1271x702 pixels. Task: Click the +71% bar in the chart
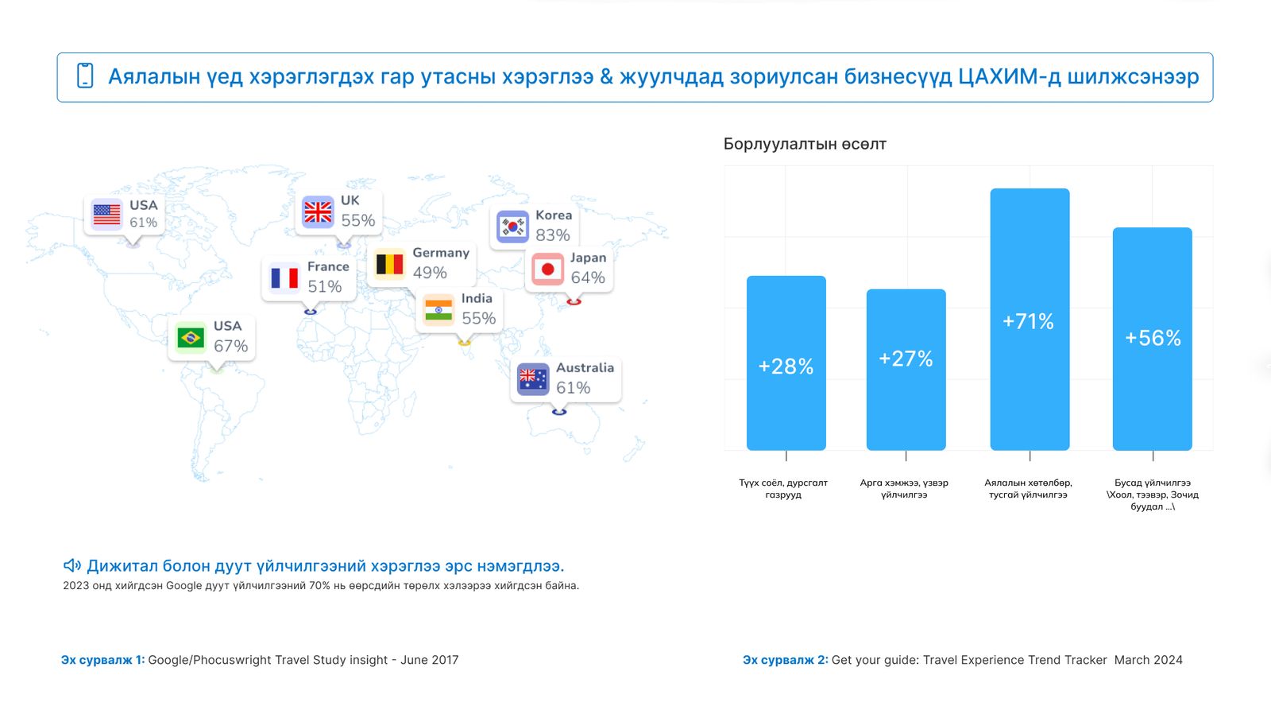1030,319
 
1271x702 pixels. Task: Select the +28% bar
786,363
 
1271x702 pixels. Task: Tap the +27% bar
906,370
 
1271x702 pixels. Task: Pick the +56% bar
1152,339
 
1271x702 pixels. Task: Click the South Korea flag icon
512,227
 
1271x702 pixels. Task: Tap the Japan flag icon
547,270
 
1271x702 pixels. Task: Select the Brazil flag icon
190,338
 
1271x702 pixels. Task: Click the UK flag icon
318,211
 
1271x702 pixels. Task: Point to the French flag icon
284,278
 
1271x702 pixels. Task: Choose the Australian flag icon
533,379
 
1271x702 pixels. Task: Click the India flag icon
438,310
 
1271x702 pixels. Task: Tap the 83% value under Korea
553,235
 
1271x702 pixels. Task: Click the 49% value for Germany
430,273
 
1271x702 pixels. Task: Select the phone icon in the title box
85,76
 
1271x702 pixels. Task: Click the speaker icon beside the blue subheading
72,565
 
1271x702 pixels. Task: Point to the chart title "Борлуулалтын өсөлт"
805,144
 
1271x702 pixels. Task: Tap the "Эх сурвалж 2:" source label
786,660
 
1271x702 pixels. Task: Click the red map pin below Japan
574,301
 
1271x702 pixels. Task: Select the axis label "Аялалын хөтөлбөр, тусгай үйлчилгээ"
1028,488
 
